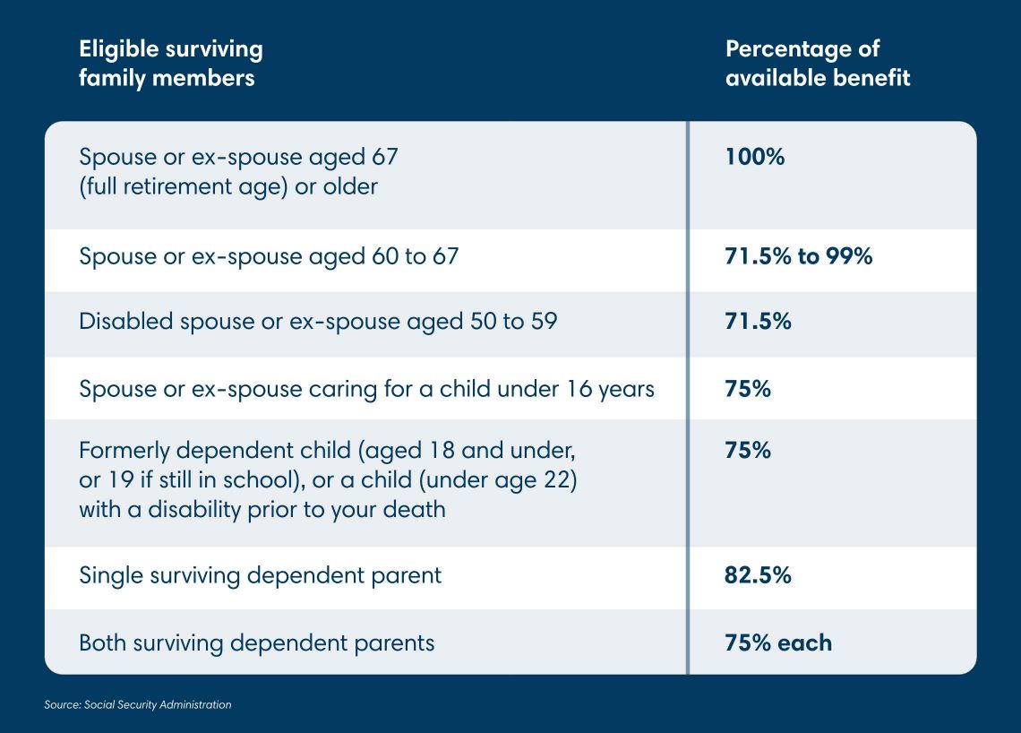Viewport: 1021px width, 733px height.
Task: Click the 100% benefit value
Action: pos(754,157)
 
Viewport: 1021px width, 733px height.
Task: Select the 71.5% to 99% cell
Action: pos(798,256)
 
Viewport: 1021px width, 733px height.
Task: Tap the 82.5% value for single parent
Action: pos(758,575)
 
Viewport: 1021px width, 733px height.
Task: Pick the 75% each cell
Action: pos(777,642)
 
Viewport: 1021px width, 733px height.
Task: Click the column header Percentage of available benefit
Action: pos(817,63)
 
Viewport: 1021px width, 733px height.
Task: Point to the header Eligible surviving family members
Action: pos(170,63)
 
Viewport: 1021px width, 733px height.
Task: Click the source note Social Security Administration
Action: pos(138,705)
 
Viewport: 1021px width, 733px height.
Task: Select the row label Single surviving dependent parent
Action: pos(260,575)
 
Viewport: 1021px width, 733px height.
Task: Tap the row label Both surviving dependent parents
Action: pos(256,642)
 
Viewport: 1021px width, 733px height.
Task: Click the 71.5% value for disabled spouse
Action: pos(758,321)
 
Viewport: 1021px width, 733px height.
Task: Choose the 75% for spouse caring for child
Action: pos(747,389)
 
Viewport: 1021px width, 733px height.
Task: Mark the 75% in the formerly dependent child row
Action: pos(747,450)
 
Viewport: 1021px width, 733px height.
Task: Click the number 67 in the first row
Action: pos(382,157)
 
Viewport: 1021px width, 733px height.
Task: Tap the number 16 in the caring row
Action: pos(579,389)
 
